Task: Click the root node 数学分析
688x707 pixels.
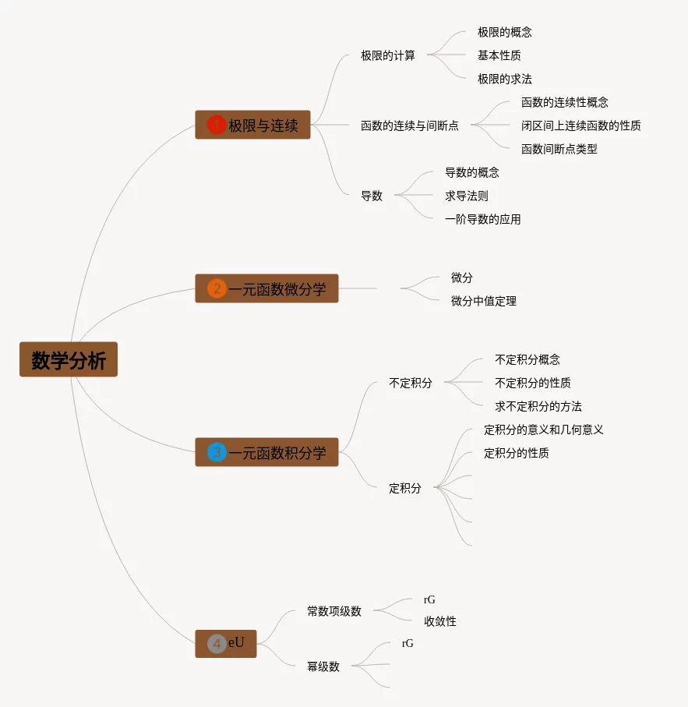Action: click(x=69, y=359)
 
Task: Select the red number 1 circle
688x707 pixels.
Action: click(x=217, y=125)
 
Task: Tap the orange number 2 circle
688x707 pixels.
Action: click(x=217, y=289)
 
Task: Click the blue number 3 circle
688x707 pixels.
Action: click(x=217, y=452)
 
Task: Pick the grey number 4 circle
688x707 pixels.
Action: click(x=217, y=644)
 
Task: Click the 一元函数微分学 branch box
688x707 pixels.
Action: click(x=267, y=289)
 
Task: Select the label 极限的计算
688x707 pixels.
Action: click(x=387, y=55)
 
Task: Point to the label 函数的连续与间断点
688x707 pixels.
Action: click(x=409, y=125)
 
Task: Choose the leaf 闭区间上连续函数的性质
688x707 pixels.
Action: click(x=580, y=125)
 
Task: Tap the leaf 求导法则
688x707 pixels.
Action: click(x=466, y=196)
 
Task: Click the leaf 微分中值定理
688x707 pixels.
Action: click(x=483, y=301)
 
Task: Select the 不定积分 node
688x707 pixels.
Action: click(x=410, y=383)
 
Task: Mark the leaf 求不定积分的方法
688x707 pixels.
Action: click(x=538, y=406)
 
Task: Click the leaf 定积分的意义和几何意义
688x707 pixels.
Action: click(x=543, y=430)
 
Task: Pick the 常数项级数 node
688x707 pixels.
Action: click(x=333, y=611)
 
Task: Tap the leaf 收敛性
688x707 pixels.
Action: click(x=439, y=621)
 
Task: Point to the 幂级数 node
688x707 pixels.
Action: click(x=323, y=666)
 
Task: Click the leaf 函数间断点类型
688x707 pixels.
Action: click(x=559, y=149)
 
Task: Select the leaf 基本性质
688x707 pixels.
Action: click(x=499, y=55)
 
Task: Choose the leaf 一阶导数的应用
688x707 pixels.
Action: click(x=482, y=219)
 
